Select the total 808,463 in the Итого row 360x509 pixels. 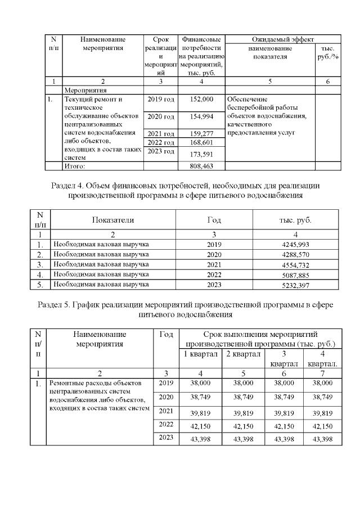pos(202,166)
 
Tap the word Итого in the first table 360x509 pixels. pos(75,166)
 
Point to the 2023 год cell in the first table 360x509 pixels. pos(161,152)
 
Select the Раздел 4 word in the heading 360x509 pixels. pos(62,185)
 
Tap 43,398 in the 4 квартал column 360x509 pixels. pos(322,438)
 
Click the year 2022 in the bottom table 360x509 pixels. pos(165,424)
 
